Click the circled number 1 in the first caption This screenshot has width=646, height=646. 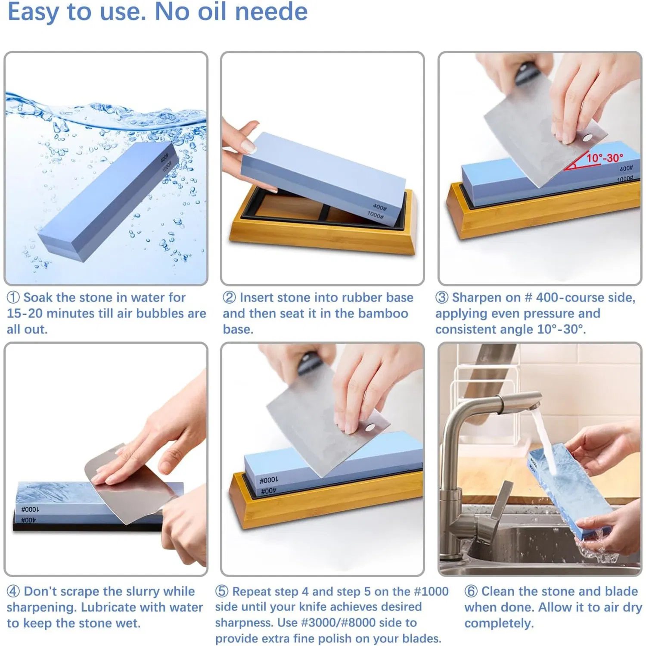(x=13, y=298)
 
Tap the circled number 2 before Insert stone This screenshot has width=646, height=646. (x=229, y=298)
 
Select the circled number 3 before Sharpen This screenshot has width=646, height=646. (x=442, y=298)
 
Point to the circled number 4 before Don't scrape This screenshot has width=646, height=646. (x=13, y=591)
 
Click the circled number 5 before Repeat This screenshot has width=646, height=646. (x=222, y=591)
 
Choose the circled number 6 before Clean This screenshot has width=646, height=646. (x=471, y=591)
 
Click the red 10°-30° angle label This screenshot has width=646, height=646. (x=605, y=158)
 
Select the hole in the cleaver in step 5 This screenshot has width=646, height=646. (x=369, y=428)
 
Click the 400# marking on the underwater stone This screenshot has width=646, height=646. (x=165, y=158)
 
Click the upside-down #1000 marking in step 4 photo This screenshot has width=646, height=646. (x=30, y=509)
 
